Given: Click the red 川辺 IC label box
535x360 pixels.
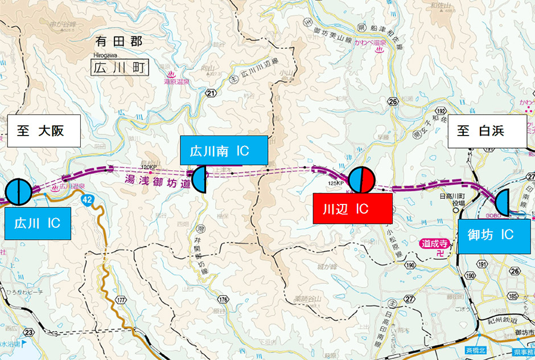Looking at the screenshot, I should click(x=353, y=208).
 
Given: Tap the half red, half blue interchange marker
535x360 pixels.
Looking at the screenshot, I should click(x=360, y=180).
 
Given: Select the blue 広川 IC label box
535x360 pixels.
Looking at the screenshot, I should click(x=38, y=223).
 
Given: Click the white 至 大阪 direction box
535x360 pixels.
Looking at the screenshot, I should click(x=43, y=131).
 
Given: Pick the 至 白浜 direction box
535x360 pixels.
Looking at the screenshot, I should click(x=484, y=131).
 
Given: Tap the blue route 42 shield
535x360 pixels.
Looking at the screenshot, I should click(x=87, y=200).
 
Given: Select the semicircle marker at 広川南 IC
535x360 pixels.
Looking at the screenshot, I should click(x=200, y=180).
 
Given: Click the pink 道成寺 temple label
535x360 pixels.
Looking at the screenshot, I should click(x=435, y=243).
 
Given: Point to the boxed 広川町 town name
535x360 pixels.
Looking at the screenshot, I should click(x=119, y=68).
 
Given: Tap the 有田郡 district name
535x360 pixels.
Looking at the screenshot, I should click(x=119, y=42).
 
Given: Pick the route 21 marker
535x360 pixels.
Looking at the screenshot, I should click(x=212, y=93).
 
